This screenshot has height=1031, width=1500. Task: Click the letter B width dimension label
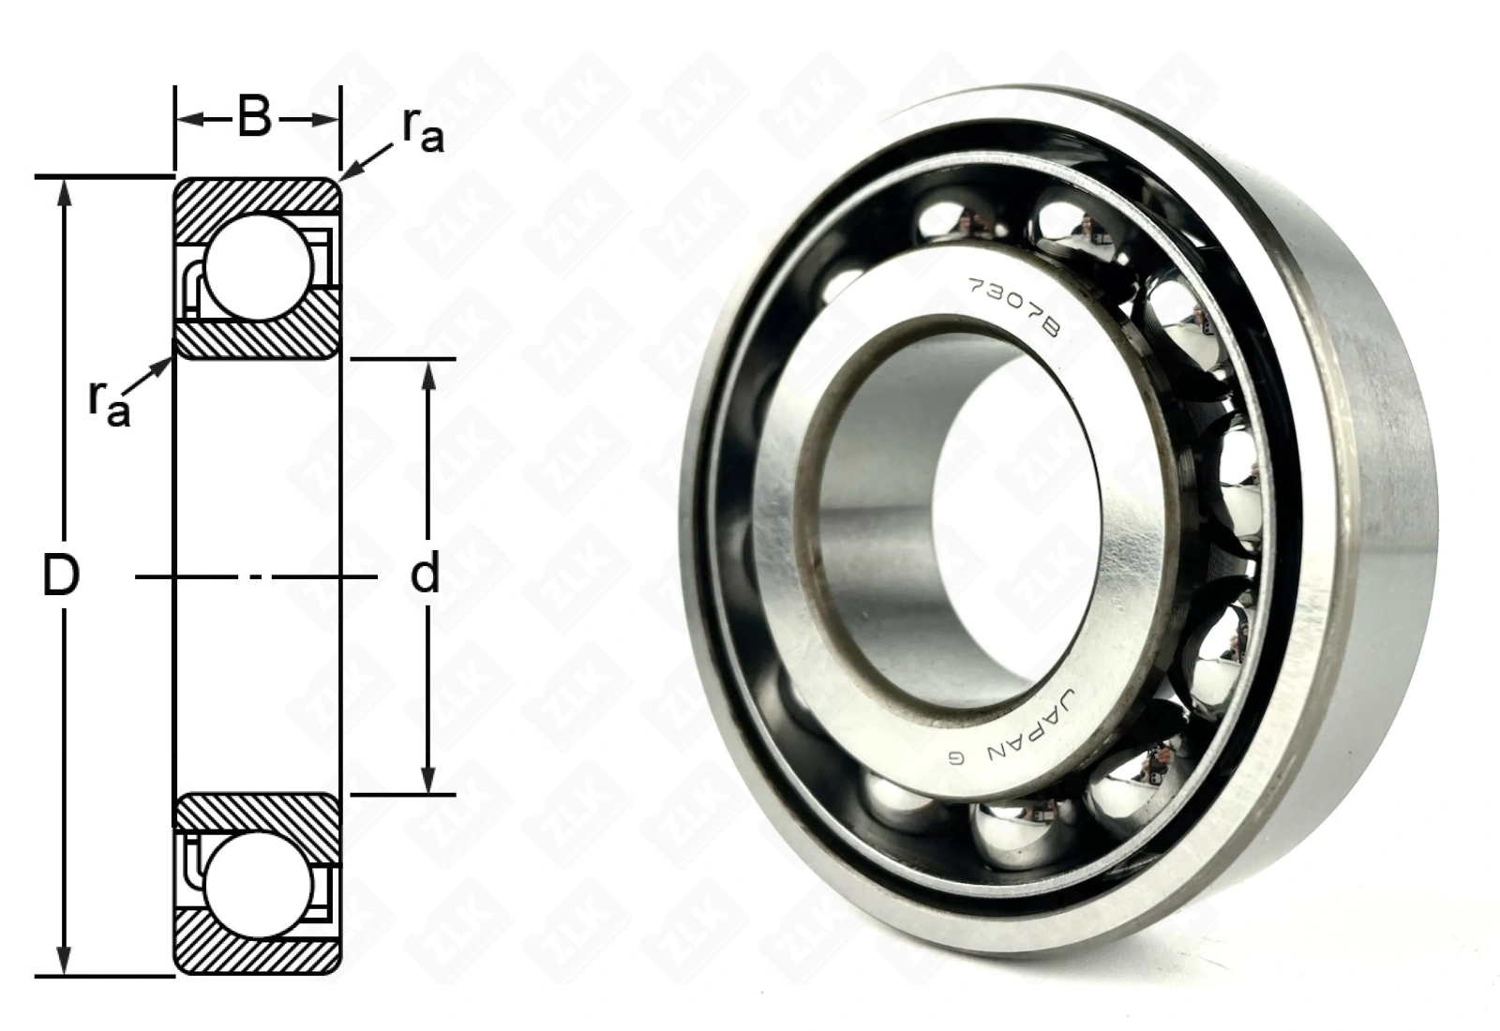tap(254, 118)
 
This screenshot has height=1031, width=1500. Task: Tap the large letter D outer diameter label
tap(61, 575)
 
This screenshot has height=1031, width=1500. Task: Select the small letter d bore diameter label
tap(426, 573)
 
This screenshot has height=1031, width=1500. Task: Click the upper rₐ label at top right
tap(422, 130)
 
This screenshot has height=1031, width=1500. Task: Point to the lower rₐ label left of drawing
tap(109, 404)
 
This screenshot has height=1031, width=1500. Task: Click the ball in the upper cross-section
tap(259, 267)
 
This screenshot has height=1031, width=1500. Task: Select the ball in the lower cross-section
tap(259, 885)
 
